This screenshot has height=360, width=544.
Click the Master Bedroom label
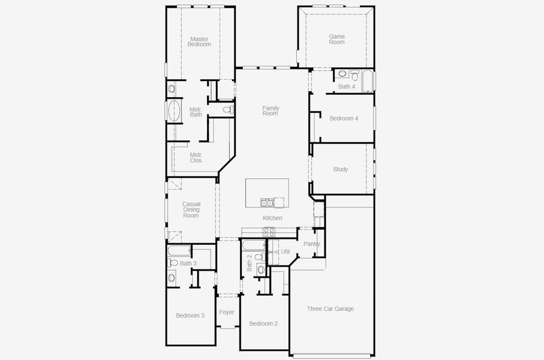[199, 41]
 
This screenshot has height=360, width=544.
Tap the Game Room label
[336, 40]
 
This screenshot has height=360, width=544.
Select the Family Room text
[271, 110]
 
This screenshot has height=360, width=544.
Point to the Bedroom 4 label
[344, 118]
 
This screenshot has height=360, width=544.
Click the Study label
[340, 169]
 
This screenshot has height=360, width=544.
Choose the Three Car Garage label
[330, 309]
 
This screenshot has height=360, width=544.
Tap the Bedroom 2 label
[263, 324]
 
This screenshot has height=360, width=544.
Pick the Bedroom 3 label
[190, 316]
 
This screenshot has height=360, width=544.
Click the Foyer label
[227, 312]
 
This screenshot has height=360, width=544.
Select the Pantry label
[311, 244]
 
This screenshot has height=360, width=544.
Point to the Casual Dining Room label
[191, 209]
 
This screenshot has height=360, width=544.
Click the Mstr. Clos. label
[196, 158]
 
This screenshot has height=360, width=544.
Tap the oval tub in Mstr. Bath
[174, 112]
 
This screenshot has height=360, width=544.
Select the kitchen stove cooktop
[269, 232]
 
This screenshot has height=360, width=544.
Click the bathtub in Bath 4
[366, 79]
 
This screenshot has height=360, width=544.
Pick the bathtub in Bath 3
[178, 251]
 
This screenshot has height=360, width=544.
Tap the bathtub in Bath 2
[252, 245]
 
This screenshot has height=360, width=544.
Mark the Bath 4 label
[346, 87]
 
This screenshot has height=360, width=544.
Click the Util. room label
[285, 251]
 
